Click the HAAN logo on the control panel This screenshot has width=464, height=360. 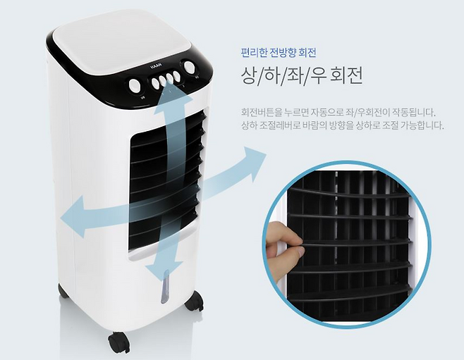click(x=155, y=67)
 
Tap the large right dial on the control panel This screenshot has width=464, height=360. click(x=188, y=67)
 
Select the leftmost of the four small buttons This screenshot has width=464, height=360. click(x=155, y=82)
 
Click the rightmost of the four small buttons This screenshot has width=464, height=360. click(x=177, y=76)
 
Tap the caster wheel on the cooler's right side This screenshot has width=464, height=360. click(x=194, y=301)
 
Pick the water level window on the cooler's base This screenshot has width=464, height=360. click(x=164, y=287)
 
